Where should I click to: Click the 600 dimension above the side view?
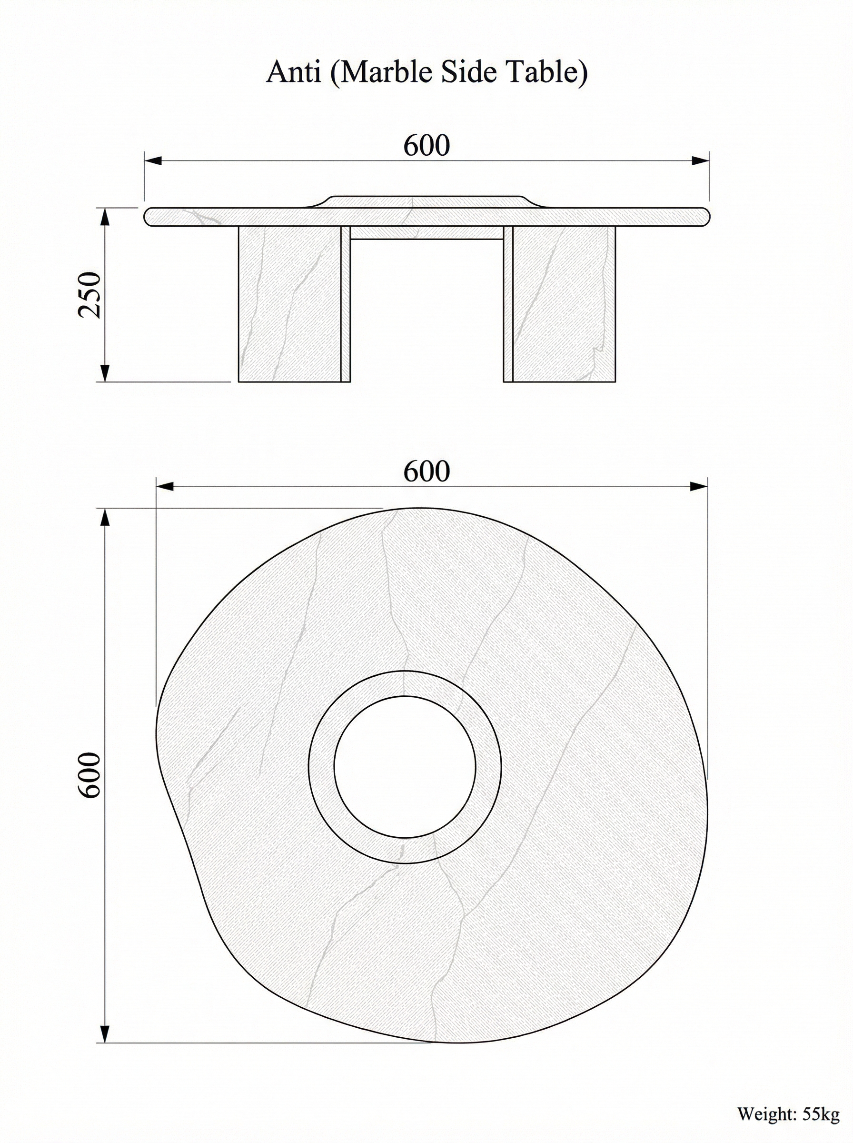pos(426,146)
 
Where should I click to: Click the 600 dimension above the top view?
pos(426,471)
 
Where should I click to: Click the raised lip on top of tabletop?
pos(426,201)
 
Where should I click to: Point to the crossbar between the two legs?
pos(426,233)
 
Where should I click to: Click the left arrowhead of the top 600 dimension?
pos(153,160)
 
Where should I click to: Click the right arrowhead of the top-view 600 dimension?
pos(699,486)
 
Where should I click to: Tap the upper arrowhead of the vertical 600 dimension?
pos(105,518)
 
